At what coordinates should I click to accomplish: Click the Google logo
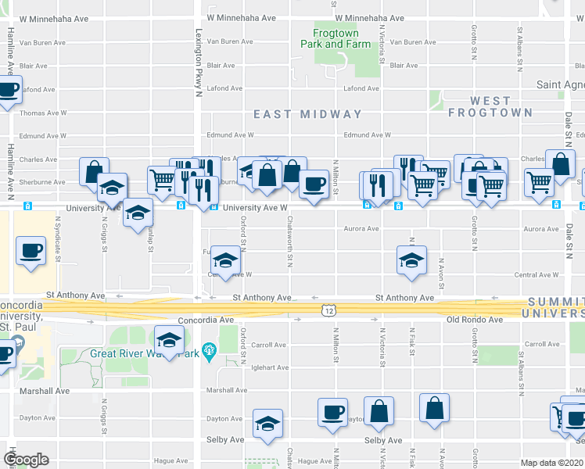point(27,459)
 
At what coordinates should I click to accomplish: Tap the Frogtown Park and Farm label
point(336,39)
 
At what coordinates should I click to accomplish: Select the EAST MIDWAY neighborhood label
point(307,114)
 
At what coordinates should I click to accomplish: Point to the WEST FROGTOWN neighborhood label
point(479,106)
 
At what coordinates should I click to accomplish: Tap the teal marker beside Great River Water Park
point(208,350)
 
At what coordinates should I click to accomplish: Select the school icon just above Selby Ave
point(267,421)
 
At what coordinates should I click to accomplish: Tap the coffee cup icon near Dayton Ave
point(332,411)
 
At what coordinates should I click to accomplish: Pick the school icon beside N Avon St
point(411,260)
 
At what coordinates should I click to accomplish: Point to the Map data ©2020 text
point(552,463)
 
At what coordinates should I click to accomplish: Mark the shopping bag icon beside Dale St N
point(561,163)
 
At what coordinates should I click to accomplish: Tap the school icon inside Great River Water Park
point(168,338)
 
